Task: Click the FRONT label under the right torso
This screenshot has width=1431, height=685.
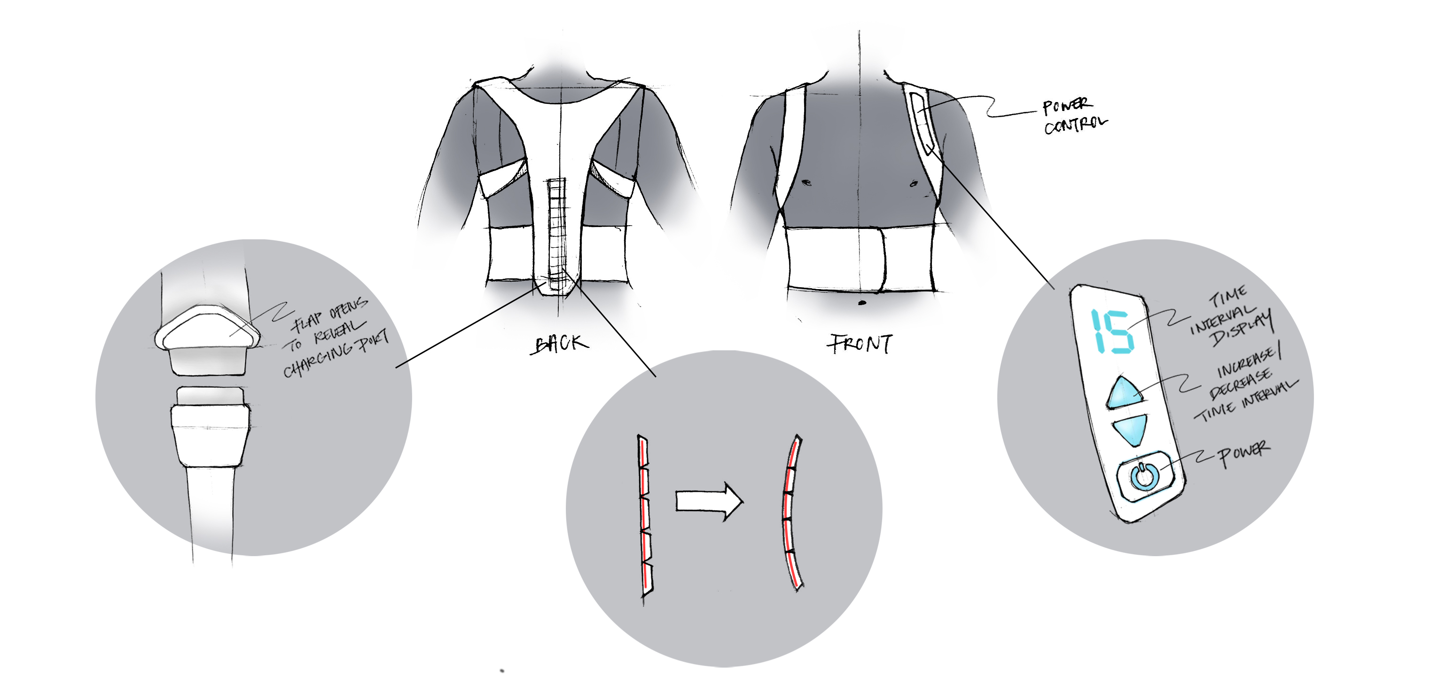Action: point(860,344)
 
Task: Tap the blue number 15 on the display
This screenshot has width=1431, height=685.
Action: point(1111,331)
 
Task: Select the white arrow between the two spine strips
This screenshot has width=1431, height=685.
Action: point(709,501)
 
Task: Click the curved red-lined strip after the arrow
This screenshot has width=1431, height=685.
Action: point(791,514)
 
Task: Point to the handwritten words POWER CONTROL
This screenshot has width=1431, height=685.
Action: point(1073,116)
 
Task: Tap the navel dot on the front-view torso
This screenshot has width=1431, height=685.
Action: point(861,303)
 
